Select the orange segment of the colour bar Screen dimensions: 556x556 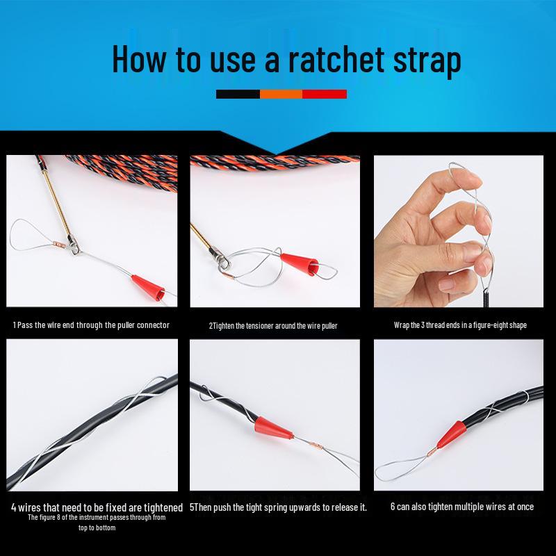coord(281,94)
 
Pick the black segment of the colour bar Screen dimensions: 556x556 coord(238,94)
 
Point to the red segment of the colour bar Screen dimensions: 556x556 coord(325,94)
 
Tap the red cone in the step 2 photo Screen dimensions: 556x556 coord(300,263)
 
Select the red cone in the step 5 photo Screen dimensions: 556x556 coord(272,427)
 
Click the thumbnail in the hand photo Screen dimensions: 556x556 coord(448,284)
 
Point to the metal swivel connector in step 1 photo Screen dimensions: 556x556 coord(74,245)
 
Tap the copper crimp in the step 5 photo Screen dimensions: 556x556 coord(315,445)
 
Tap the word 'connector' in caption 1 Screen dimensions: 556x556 coord(153,325)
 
